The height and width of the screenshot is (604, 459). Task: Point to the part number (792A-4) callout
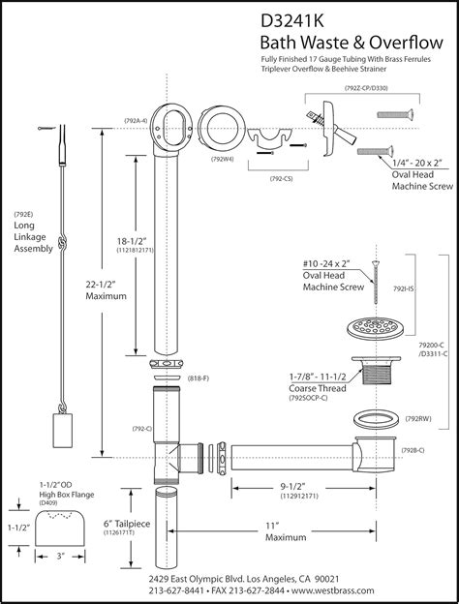[x=136, y=120]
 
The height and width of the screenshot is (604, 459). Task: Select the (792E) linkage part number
[x=23, y=213]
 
